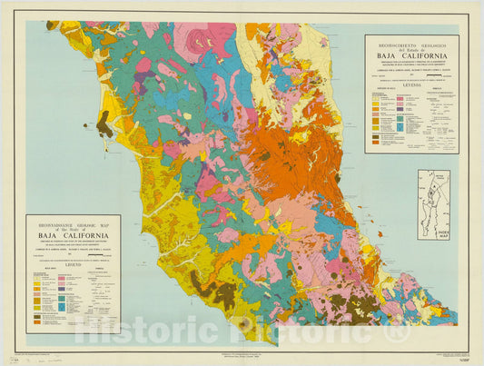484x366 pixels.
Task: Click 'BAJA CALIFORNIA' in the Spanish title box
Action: pos(411,55)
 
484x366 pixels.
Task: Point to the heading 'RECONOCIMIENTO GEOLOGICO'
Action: pos(411,41)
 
